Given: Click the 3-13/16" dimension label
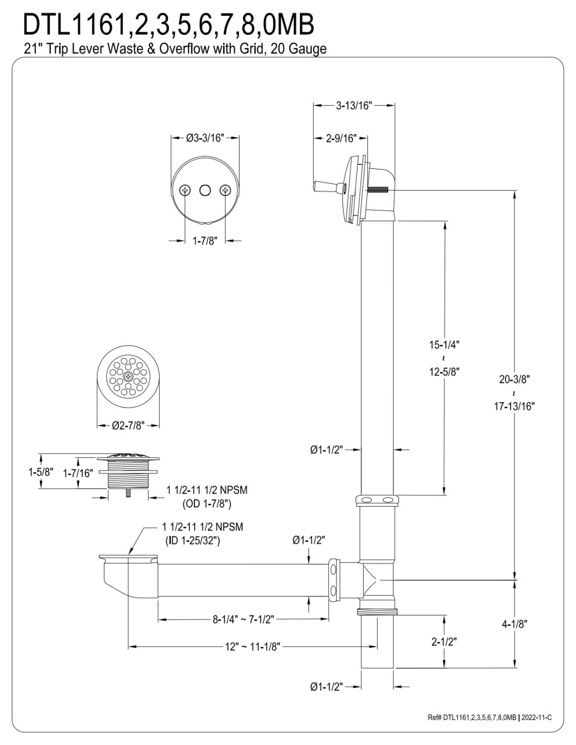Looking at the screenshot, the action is coord(354,106).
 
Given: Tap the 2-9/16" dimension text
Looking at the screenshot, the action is coord(341,138).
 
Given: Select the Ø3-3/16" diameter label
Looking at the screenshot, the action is coord(205,138).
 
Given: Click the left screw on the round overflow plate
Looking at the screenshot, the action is coord(185,190).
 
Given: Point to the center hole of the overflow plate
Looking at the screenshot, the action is coord(205,190).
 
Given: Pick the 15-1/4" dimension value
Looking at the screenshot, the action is coord(444,345).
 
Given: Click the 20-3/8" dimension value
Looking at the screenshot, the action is coord(514,379).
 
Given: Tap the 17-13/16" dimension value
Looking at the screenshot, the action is coord(514,406).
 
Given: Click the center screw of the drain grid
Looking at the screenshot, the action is coord(128,376).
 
